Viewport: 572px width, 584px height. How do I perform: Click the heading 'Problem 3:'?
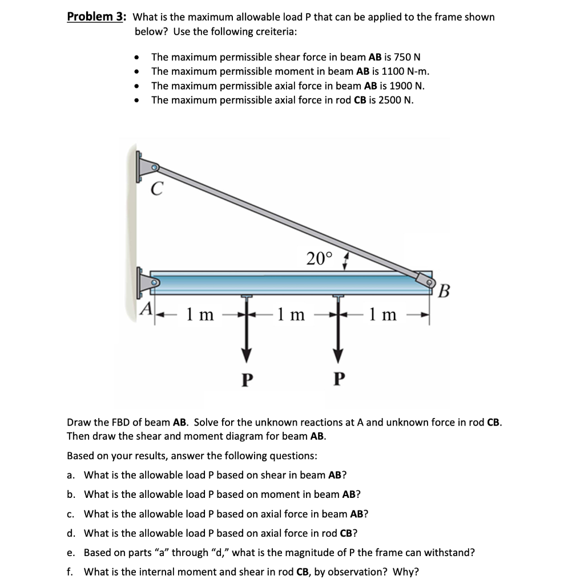(x=96, y=17)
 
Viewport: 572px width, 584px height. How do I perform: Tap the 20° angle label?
(x=319, y=259)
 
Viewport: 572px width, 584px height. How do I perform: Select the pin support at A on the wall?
(x=150, y=282)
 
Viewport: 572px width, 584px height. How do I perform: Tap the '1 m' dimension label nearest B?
(x=382, y=314)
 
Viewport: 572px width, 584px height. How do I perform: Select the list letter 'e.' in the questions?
(x=71, y=553)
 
